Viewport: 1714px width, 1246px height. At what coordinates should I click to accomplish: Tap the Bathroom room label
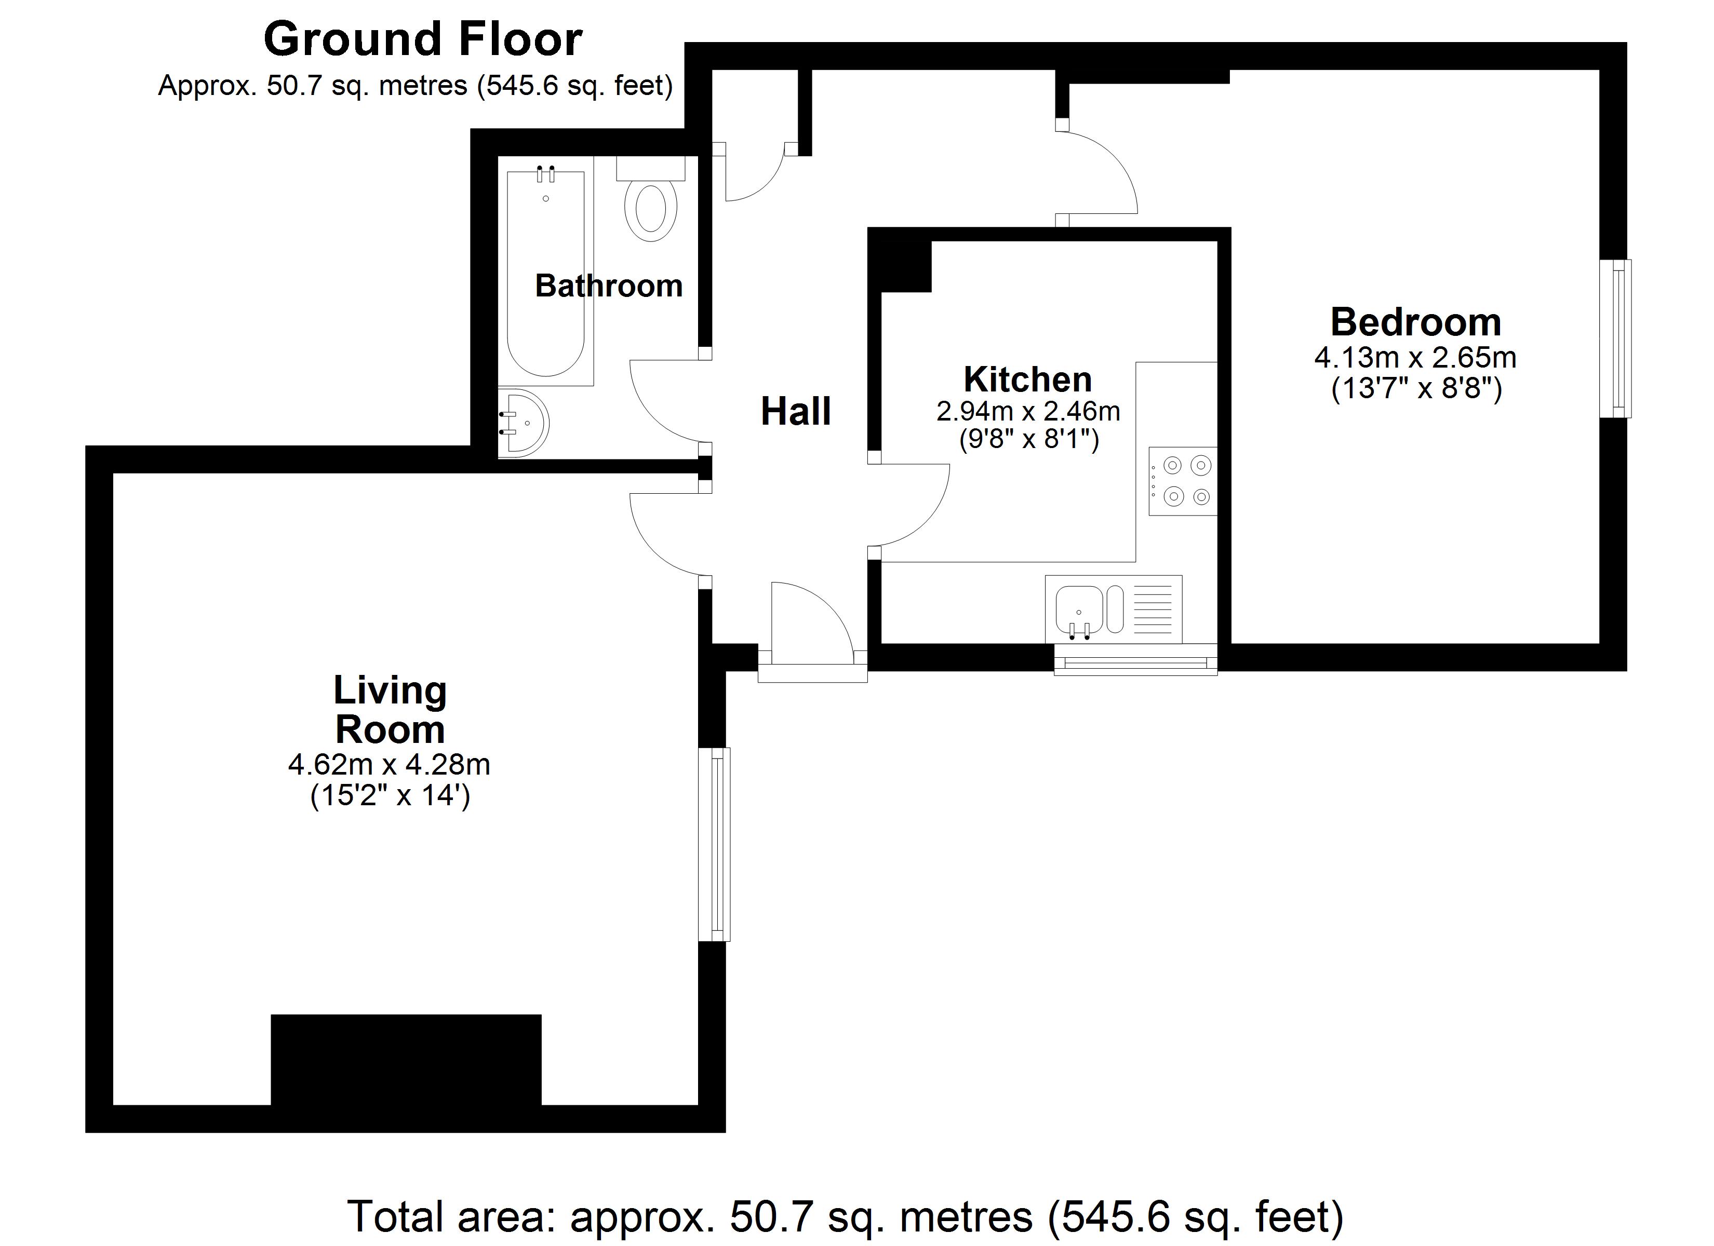pos(608,286)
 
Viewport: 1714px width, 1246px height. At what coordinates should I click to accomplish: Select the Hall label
pos(795,412)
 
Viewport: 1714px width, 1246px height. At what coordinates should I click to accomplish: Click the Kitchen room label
pos(1027,378)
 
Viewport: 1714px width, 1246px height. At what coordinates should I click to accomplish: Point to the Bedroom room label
pos(1415,322)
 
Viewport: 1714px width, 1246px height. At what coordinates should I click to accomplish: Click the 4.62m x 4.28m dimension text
pos(389,765)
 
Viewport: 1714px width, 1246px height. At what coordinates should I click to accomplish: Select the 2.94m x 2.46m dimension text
pos(1028,411)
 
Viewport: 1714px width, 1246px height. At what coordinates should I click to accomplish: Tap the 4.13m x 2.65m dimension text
pos(1415,357)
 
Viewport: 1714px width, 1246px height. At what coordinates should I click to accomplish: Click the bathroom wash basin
pos(523,423)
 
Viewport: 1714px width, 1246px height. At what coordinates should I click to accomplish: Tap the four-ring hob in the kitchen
pos(1182,481)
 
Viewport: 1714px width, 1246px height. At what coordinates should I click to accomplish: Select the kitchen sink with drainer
pos(1113,609)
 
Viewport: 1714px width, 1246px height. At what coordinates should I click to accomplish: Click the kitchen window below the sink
pos(1135,662)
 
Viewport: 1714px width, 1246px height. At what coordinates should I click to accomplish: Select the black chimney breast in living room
pos(406,1060)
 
